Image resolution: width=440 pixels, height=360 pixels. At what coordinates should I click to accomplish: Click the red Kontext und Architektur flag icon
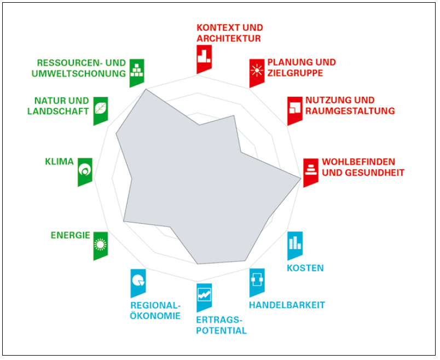pos(204,59)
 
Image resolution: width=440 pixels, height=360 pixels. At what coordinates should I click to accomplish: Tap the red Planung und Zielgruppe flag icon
pos(257,73)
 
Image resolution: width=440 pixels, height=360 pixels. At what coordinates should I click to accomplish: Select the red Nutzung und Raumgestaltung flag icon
pos(294,111)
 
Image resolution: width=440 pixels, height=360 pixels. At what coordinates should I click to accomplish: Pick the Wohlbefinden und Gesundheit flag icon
pos(311,172)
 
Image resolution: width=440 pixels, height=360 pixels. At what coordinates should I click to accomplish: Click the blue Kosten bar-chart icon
pos(294,246)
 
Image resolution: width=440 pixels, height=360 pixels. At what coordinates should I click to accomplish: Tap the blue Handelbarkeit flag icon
pos(257,282)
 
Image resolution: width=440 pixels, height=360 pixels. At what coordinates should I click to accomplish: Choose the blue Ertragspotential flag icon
pos(204,298)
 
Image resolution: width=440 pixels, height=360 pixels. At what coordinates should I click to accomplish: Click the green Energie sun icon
pos(101,246)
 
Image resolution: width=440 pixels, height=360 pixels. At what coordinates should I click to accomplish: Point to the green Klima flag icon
pos(85,172)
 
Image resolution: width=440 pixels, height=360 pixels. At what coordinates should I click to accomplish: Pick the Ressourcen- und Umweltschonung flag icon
pos(137,73)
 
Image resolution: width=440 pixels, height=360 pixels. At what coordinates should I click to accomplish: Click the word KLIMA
pos(60,161)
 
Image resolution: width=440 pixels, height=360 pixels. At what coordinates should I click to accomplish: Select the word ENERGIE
pos(71,235)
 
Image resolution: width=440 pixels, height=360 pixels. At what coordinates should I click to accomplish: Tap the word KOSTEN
pos(305,268)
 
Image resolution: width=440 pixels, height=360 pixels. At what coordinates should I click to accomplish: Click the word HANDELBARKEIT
pos(287,305)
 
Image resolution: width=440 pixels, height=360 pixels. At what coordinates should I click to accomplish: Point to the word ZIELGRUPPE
pos(295,73)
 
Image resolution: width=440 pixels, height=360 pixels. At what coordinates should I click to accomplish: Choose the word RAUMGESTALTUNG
pos(350,111)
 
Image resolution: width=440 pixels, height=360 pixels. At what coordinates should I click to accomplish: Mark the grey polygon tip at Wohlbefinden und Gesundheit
pos(301,178)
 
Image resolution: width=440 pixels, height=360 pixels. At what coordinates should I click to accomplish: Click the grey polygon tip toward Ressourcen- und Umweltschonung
pos(146,90)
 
